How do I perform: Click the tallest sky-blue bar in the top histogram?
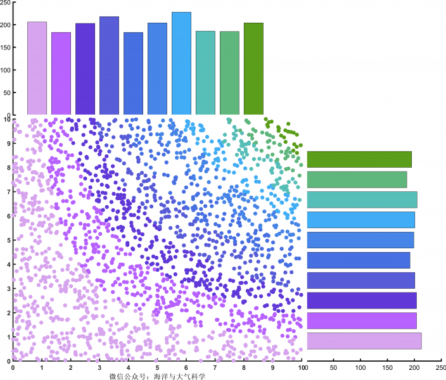[181, 63]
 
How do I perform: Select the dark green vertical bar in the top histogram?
[253, 68]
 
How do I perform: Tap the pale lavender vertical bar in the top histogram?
[37, 68]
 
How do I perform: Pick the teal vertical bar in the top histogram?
[205, 72]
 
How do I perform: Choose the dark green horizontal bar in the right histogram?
[359, 160]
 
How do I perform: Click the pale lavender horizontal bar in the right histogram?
[364, 341]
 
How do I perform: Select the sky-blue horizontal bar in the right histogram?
[361, 220]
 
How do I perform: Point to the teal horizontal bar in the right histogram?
[362, 199]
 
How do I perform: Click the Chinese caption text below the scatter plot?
[157, 376]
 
